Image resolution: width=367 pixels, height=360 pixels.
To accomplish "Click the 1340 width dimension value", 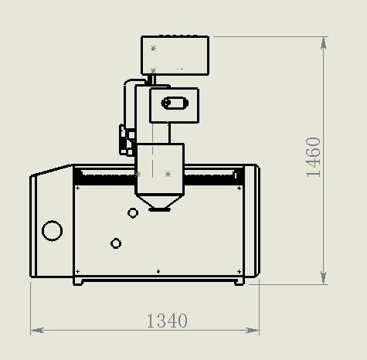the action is [x=167, y=321].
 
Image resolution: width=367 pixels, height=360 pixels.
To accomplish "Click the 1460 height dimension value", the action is [x=313, y=157].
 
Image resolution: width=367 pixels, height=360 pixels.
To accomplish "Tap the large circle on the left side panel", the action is [x=52, y=231].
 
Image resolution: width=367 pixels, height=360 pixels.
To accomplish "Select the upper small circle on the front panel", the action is [x=133, y=213].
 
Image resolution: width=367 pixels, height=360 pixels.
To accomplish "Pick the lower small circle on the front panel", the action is [x=116, y=243].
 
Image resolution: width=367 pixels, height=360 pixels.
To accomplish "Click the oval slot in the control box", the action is [x=175, y=103].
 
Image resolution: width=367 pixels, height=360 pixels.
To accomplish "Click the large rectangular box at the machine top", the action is [x=175, y=56].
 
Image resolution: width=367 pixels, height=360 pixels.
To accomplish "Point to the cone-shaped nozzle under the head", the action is [x=160, y=202].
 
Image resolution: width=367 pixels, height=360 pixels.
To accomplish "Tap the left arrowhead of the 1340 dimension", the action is [x=37, y=330].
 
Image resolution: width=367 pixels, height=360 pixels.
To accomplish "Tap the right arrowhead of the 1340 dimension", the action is [x=252, y=330].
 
